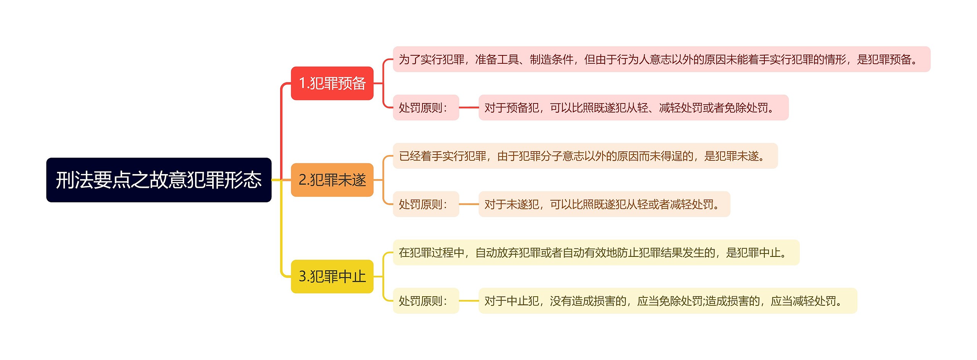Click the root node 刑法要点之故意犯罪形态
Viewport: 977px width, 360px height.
coord(159,180)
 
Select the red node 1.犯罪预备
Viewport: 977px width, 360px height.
coord(332,83)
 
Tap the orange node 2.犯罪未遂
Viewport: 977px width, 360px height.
coord(332,180)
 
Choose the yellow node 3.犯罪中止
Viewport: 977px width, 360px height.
coord(332,276)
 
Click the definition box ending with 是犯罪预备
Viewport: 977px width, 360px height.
coord(661,59)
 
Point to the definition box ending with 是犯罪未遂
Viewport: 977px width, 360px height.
coord(585,156)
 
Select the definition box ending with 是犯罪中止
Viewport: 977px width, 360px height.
coord(596,252)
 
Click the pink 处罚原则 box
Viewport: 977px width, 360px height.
coord(426,108)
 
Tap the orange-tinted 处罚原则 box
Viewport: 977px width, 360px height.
coord(426,204)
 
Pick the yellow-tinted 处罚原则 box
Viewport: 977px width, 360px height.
coord(426,301)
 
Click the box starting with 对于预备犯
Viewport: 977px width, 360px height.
coord(633,108)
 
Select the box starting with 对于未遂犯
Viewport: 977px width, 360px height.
coord(604,204)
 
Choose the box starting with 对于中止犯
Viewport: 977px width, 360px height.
coord(667,301)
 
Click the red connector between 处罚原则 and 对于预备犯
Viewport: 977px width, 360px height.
coord(469,108)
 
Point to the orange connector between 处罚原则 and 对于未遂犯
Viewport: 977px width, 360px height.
coord(469,204)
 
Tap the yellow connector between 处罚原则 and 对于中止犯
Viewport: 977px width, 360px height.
coord(469,301)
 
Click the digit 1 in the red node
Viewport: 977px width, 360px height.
coord(302,83)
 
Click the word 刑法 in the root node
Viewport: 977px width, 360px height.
coord(74,180)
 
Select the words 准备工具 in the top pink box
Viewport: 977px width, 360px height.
coord(497,59)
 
